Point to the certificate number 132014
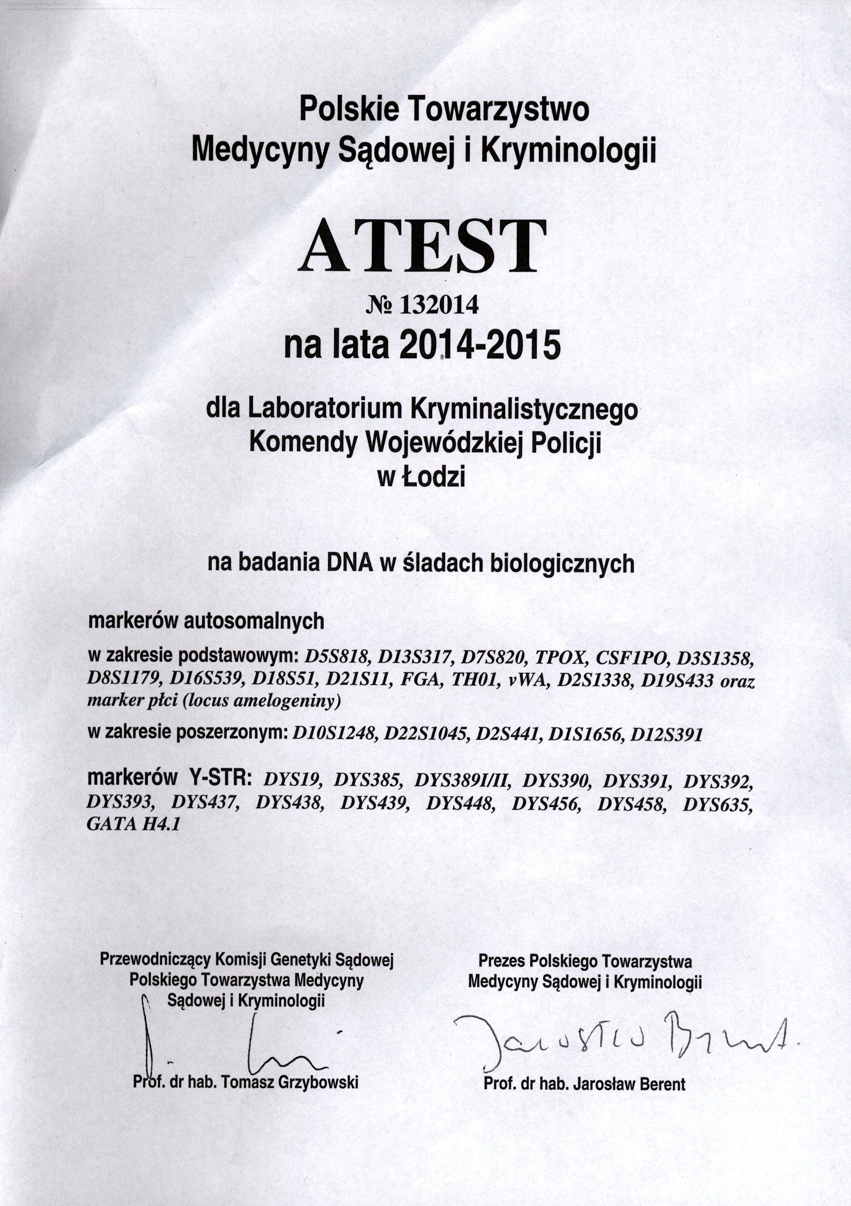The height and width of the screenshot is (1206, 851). [439, 305]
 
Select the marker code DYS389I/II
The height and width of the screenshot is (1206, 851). [462, 781]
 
